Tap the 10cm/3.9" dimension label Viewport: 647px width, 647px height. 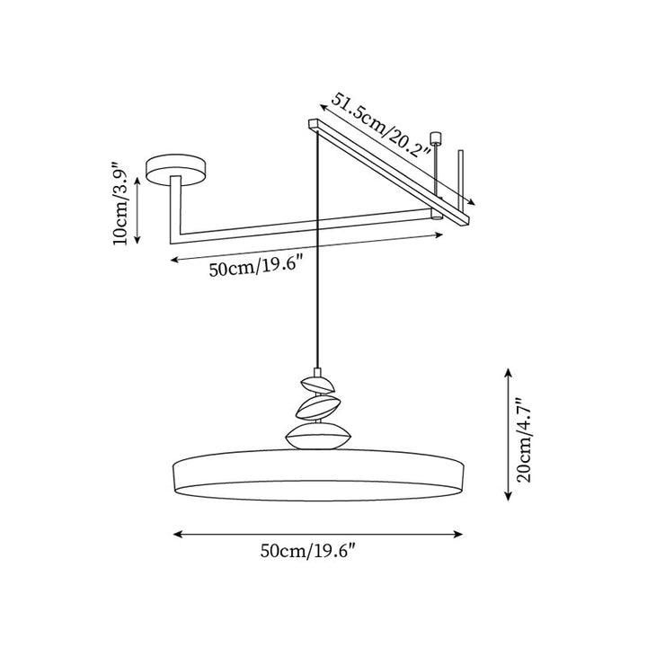[x=122, y=208]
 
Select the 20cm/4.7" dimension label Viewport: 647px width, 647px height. [x=525, y=439]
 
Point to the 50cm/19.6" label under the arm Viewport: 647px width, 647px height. [x=256, y=267]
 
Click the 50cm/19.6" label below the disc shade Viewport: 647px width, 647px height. [x=308, y=551]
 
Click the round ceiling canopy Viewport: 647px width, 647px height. [x=175, y=170]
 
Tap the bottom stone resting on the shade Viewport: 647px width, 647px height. [x=318, y=436]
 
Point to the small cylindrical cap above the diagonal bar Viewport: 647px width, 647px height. [x=436, y=137]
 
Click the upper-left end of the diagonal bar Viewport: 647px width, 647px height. [x=315, y=123]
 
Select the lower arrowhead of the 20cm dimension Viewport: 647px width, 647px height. [x=508, y=497]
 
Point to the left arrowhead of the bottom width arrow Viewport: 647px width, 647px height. [x=178, y=535]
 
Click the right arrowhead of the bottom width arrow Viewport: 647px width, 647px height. [x=458, y=535]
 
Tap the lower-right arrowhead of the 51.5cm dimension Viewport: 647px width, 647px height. [x=472, y=202]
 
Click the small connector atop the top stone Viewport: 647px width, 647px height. [x=317, y=372]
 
